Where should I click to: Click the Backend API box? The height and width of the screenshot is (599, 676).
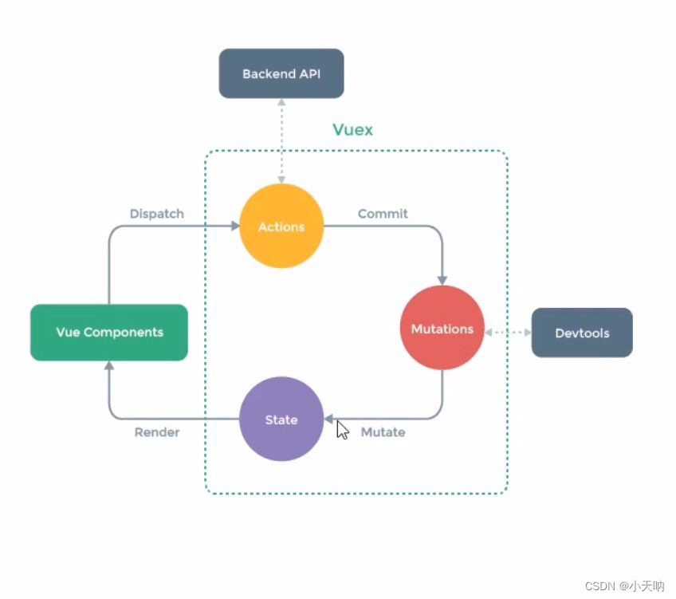[x=281, y=73]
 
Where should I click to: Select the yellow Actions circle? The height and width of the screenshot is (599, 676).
[x=281, y=227]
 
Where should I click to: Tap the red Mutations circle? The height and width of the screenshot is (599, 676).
[x=442, y=328]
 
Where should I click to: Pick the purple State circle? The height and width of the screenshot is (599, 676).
[x=281, y=419]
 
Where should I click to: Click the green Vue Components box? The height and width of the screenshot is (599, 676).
[x=109, y=332]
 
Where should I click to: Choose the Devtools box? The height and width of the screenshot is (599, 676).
[x=582, y=333]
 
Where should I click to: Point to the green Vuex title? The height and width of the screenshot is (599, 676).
[x=352, y=129]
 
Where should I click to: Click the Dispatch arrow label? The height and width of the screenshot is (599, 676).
[x=157, y=214]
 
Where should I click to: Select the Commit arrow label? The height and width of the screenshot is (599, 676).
[x=383, y=214]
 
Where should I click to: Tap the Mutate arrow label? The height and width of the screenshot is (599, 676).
[x=383, y=432]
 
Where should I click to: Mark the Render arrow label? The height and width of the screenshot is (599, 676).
[x=157, y=432]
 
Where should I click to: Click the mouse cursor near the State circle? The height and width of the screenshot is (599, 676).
[x=342, y=430]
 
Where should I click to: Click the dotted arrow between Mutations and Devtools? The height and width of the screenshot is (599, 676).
[x=508, y=332]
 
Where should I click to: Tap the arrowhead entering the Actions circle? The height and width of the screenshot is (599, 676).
[x=234, y=227]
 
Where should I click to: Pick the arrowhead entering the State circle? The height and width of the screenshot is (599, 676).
[x=328, y=419]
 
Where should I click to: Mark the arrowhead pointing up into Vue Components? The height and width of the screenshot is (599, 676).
[x=109, y=365]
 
